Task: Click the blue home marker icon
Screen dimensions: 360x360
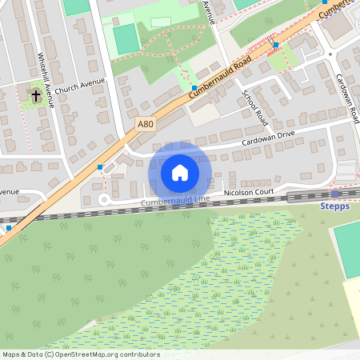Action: tap(180, 172)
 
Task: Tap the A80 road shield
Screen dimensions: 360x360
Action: tap(144, 124)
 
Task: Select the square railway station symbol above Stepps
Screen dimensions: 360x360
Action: tap(334, 194)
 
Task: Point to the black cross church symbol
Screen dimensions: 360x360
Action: tap(35, 96)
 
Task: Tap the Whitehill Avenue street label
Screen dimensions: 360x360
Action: tap(47, 80)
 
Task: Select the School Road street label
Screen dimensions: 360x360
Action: tap(254, 106)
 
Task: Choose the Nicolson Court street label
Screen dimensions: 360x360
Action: tap(249, 192)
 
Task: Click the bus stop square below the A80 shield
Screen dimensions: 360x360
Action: tap(100, 167)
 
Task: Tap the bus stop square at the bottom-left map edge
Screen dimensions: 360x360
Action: tap(8, 227)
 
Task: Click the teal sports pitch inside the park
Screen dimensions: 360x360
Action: tap(126, 39)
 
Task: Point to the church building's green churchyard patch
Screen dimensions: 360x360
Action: tap(34, 96)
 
